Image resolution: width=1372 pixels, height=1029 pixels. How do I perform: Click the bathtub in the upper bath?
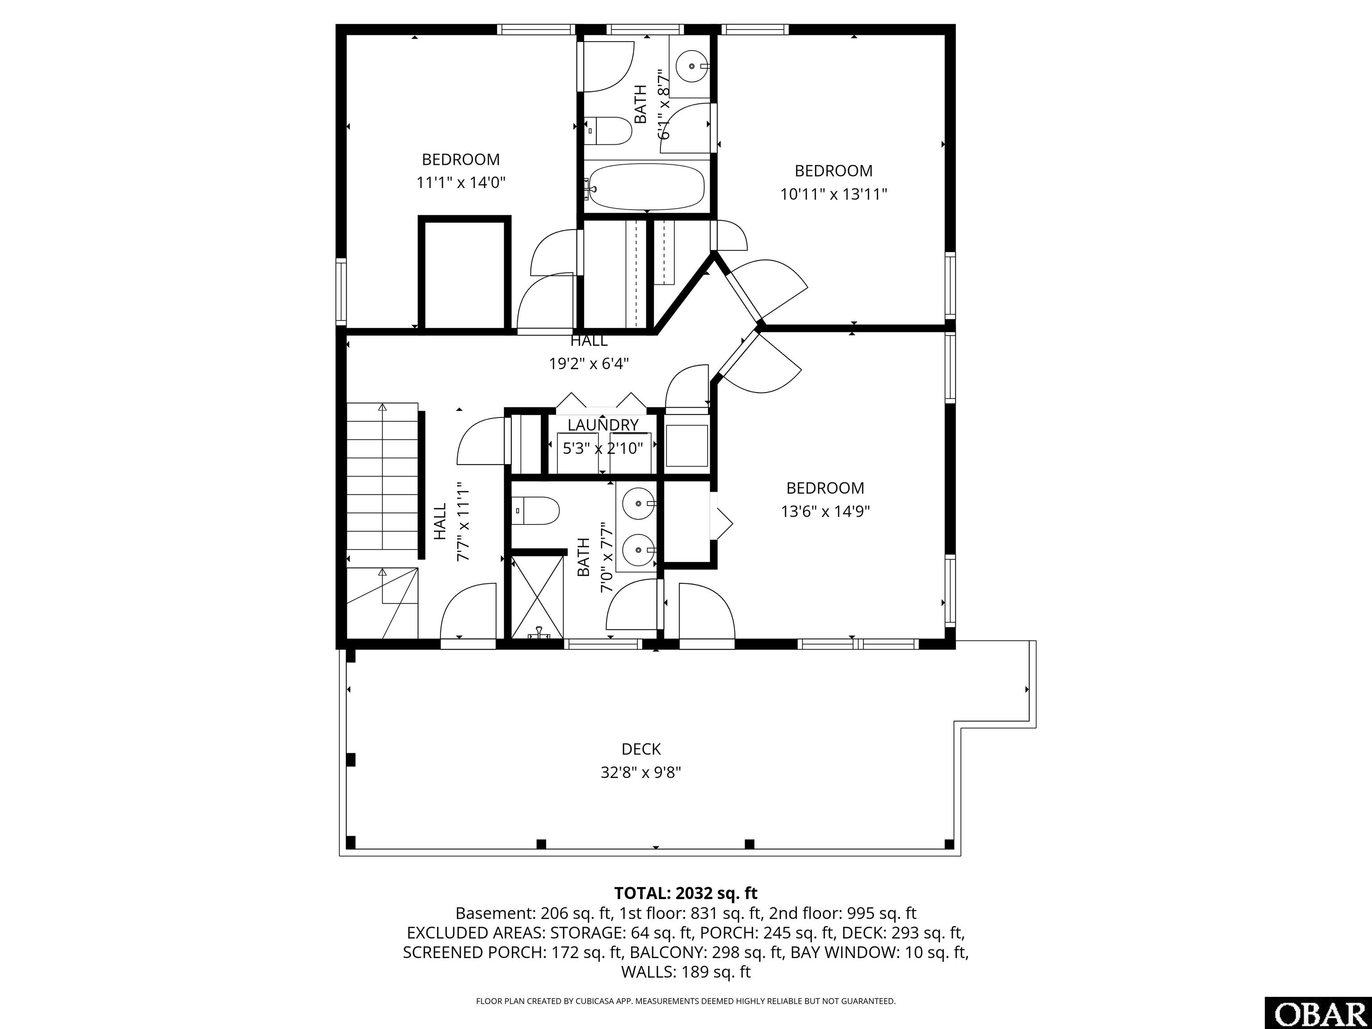pyautogui.click(x=646, y=187)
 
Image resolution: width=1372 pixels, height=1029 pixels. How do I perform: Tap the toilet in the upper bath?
pyautogui.click(x=608, y=130)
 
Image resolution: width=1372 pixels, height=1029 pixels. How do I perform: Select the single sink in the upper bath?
pyautogui.click(x=691, y=67)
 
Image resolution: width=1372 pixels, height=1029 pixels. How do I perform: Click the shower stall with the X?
pyautogui.click(x=537, y=596)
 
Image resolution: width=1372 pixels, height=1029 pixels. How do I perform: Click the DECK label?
pyautogui.click(x=641, y=749)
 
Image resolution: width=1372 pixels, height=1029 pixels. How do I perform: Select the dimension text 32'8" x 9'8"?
pyautogui.click(x=641, y=773)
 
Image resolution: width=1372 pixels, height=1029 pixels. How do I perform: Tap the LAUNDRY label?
pyautogui.click(x=603, y=425)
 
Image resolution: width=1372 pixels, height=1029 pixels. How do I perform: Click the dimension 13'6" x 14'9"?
pyautogui.click(x=825, y=512)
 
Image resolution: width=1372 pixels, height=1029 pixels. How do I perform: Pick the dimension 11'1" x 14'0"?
pyautogui.click(x=461, y=183)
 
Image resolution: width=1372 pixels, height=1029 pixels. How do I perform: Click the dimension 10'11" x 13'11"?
pyautogui.click(x=834, y=194)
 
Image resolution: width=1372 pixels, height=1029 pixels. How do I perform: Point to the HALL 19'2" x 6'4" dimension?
pyautogui.click(x=589, y=364)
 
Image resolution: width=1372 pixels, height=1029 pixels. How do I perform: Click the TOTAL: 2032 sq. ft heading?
pyautogui.click(x=686, y=893)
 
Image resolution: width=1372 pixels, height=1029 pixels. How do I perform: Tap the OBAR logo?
pyautogui.click(x=1318, y=1013)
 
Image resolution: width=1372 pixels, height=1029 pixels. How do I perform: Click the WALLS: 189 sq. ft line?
pyautogui.click(x=686, y=972)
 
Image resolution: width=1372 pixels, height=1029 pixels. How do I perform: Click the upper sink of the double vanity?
pyautogui.click(x=637, y=502)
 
